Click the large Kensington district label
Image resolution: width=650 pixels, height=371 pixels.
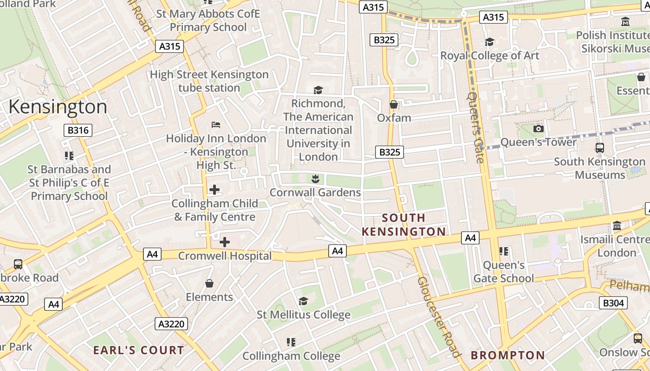coord(58,107)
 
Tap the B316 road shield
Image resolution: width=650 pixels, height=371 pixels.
coord(78,130)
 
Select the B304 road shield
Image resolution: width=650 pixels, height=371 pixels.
coord(613,303)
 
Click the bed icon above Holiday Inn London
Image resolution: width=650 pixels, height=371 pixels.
coord(216,124)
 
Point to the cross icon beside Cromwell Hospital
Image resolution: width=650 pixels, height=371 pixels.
coord(225,242)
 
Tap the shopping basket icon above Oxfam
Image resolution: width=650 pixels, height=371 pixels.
coord(394,104)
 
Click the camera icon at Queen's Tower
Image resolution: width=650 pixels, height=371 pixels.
coord(539,128)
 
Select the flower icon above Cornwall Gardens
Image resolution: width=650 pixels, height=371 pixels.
coord(315,179)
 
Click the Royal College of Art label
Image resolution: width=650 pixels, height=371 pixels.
coord(490,56)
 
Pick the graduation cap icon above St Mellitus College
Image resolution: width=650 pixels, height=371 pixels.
coord(303,301)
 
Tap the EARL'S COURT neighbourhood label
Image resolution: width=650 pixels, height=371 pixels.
coord(139,350)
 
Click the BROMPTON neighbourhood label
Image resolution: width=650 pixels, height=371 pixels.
coord(508,355)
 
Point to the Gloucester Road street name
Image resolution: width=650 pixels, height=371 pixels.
coord(438,317)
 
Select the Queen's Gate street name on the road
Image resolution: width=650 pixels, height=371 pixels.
coord(475,128)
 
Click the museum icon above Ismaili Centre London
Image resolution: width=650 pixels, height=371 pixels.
coord(617,226)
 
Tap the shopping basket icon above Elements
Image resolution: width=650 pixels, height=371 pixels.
coord(209,283)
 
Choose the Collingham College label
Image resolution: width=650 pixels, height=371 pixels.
coord(291,356)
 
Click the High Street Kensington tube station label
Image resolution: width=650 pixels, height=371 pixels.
coord(209,81)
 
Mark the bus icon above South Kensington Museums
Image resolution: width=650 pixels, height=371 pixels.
coord(600,148)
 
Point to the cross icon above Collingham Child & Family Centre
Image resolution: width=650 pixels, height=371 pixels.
coord(214,189)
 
